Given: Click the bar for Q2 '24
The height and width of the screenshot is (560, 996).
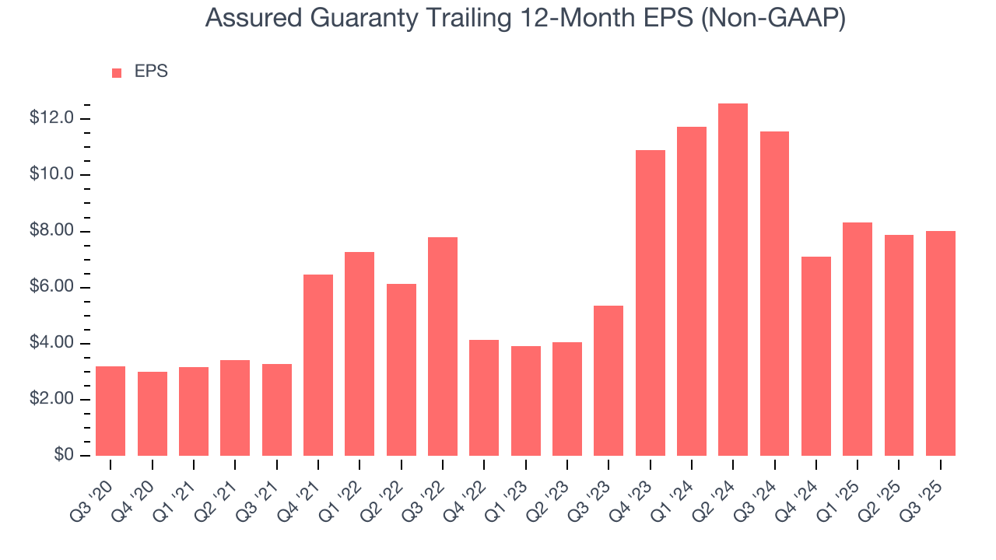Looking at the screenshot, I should coord(733,280).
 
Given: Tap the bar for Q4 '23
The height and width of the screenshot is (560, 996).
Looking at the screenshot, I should coord(651,303).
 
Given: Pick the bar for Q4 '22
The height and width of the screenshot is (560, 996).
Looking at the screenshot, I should coord(484,397).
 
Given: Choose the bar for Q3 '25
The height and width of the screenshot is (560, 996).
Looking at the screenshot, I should coord(941,343).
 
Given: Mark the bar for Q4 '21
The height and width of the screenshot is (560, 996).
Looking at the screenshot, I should coord(318,365).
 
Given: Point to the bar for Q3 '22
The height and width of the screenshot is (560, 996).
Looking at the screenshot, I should coord(443,346).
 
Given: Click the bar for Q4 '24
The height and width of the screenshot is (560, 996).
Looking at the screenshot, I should coord(816,356).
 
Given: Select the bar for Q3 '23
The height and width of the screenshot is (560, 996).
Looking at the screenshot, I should coord(608,380).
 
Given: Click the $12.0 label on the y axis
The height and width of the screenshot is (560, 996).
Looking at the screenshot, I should coord(51,118).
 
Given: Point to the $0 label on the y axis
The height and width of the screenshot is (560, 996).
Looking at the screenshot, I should coord(64,455).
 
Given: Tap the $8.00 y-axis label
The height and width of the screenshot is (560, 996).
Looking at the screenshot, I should coord(51,231).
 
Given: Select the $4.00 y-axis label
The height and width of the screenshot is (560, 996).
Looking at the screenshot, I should coord(51,343).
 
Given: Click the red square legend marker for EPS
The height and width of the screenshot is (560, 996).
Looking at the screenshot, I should coord(117,72).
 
